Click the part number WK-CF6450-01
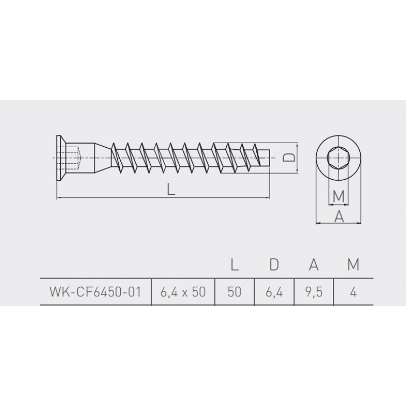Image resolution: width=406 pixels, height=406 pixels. click(95, 292)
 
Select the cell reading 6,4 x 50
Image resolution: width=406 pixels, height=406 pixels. click(183, 292)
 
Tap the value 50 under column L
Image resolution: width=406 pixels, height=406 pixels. click(234, 292)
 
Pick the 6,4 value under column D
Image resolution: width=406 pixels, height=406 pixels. click(274, 292)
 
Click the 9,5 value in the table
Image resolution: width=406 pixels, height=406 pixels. click(314, 292)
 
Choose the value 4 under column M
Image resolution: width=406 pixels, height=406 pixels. click(353, 292)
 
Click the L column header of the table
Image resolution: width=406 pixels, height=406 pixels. click(234, 264)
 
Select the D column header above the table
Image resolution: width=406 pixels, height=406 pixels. click(274, 264)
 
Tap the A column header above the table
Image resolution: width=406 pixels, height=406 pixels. click(314, 264)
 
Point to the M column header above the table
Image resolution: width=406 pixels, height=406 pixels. click(353, 264)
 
